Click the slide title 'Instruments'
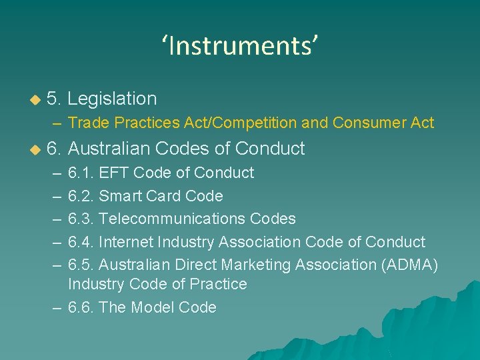point(240,46)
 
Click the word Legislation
point(112,99)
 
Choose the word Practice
point(218,284)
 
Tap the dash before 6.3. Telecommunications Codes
point(56,219)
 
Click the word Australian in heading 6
point(112,148)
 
